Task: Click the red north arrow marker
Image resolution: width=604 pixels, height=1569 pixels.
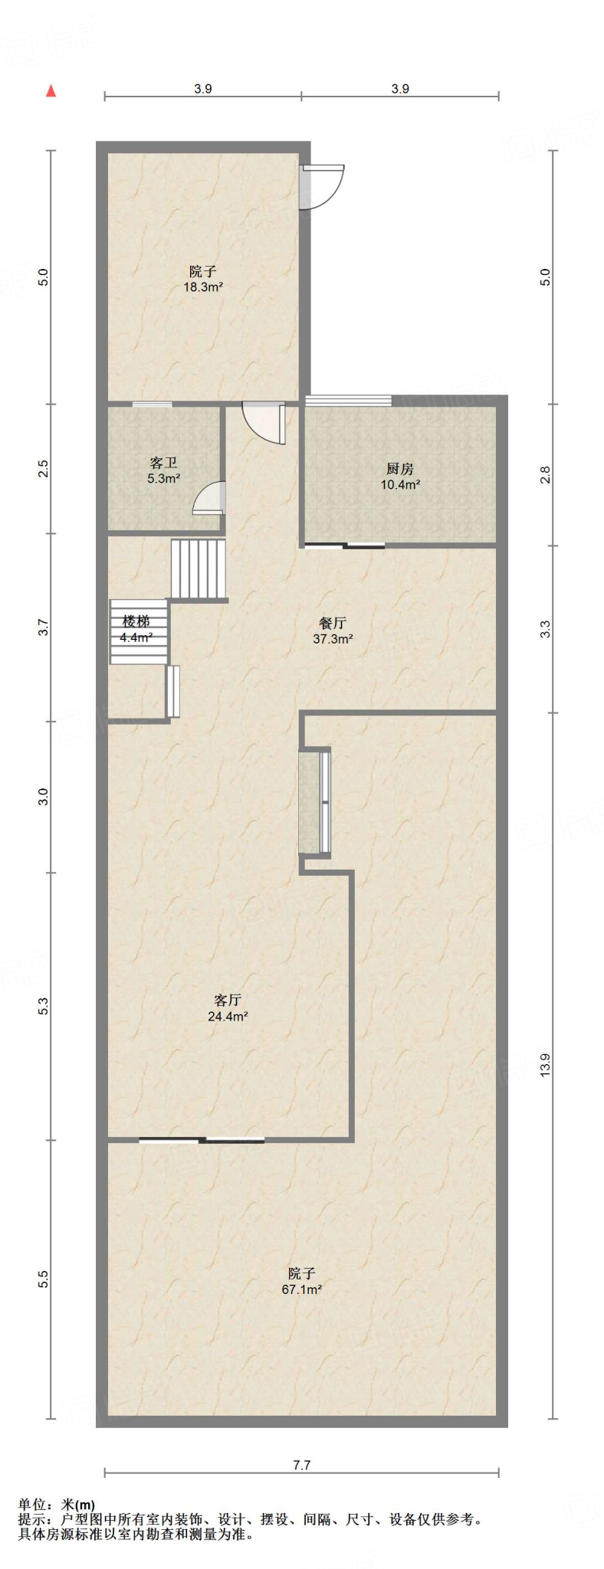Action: click(x=51, y=91)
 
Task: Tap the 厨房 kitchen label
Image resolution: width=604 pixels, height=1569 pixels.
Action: click(x=400, y=469)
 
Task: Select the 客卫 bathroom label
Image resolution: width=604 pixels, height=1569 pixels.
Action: click(x=163, y=463)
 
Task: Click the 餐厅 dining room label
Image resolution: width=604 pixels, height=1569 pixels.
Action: click(x=333, y=623)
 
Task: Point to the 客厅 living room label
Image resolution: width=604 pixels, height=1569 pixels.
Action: click(x=228, y=1000)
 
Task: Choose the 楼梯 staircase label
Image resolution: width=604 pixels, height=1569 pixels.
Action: click(x=136, y=621)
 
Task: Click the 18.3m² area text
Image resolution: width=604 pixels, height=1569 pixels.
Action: click(x=203, y=287)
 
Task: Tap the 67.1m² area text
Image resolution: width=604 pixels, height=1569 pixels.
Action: click(x=302, y=1289)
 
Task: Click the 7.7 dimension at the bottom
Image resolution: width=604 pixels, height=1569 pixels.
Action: click(x=302, y=1465)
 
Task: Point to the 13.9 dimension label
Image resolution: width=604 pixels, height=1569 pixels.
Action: click(x=545, y=1065)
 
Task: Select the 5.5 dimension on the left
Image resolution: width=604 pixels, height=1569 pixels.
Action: click(x=44, y=1279)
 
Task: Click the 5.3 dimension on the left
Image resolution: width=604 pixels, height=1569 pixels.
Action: click(x=44, y=1007)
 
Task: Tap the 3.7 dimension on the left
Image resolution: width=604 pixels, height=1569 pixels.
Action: click(x=44, y=627)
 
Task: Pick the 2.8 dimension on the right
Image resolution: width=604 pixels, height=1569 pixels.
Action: click(x=545, y=475)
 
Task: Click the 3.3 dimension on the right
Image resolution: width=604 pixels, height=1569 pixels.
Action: click(x=545, y=629)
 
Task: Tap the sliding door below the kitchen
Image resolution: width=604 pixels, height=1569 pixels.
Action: click(x=344, y=545)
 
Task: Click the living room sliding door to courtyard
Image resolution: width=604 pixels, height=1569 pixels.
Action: click(x=202, y=1140)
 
